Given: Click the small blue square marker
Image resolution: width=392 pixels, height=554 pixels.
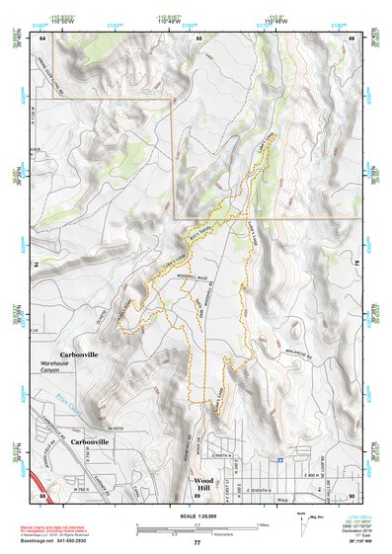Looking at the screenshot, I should [x=280, y=459].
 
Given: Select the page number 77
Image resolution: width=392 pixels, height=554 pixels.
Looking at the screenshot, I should [x=196, y=542].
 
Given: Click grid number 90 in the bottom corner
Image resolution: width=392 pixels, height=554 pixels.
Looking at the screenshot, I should [x=353, y=495].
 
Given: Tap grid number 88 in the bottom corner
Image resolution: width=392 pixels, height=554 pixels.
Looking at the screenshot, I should [x=41, y=495].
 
